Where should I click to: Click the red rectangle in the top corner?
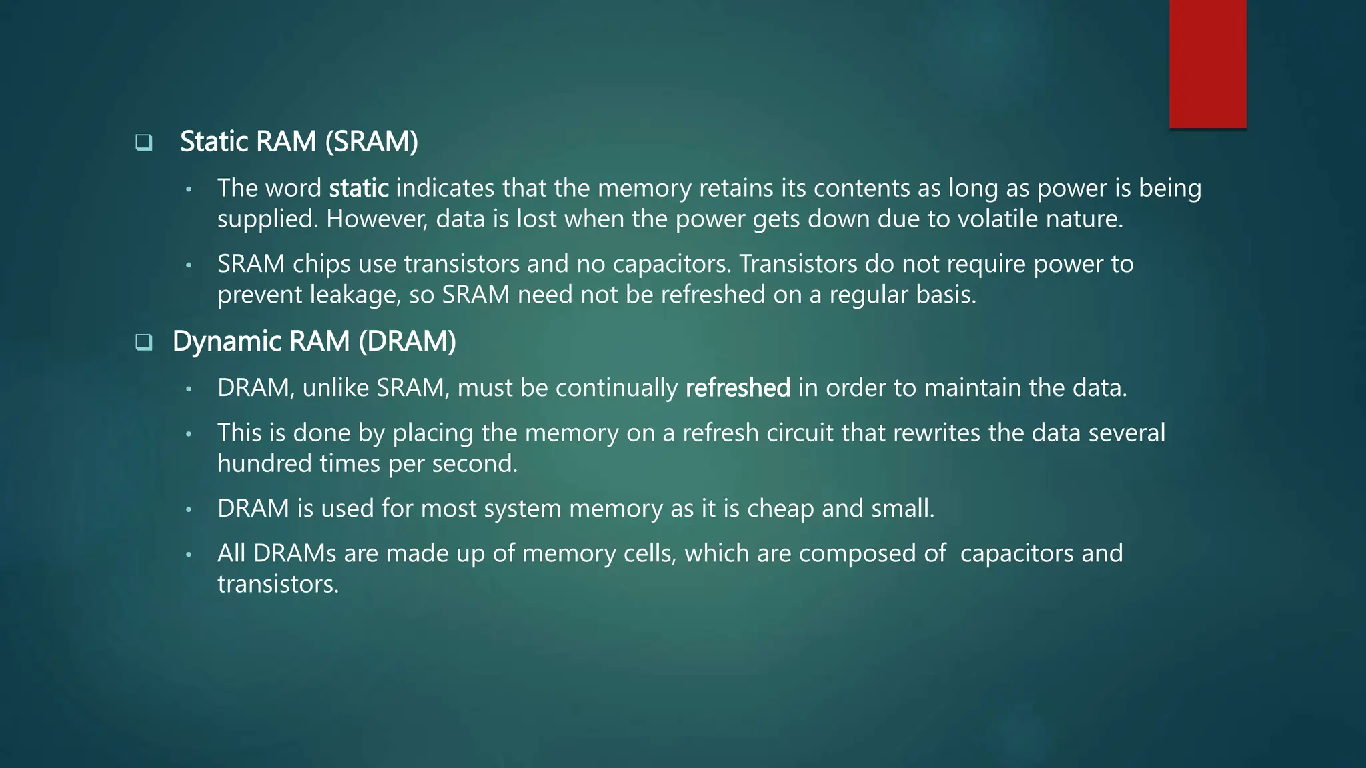[x=1207, y=64]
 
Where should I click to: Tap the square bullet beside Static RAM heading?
[x=144, y=142]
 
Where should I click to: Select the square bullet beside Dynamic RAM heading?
[x=144, y=342]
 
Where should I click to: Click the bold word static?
[x=359, y=189]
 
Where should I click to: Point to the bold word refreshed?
[x=738, y=388]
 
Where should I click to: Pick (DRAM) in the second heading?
[x=407, y=342]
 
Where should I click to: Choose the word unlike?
[x=335, y=388]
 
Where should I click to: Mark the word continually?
[x=616, y=388]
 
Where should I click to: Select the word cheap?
[x=780, y=509]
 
